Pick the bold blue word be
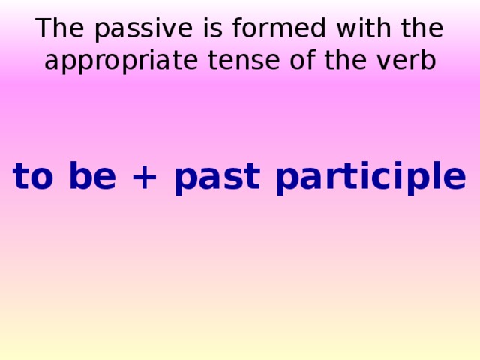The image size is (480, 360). [x=91, y=178]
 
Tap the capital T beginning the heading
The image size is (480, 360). [x=43, y=29]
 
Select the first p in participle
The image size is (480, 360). [x=288, y=181]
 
